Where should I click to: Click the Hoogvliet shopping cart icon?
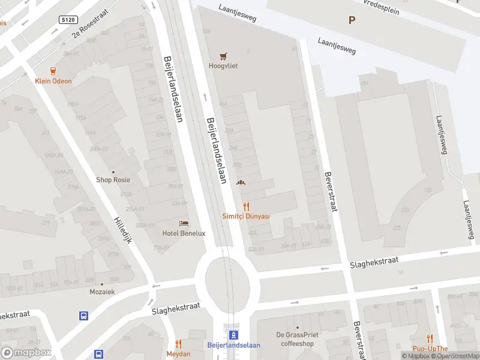pyautogui.click(x=223, y=56)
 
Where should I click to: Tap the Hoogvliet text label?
pyautogui.click(x=223, y=66)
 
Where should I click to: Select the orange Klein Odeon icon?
pyautogui.click(x=53, y=71)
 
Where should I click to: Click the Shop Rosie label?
pyautogui.click(x=113, y=179)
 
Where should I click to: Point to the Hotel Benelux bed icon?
pyautogui.click(x=184, y=223)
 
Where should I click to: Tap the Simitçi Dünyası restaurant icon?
pyautogui.click(x=246, y=206)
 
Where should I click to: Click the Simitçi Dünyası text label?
pyautogui.click(x=246, y=216)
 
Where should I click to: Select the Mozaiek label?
pyautogui.click(x=102, y=292)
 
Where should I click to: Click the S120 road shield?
pyautogui.click(x=68, y=20)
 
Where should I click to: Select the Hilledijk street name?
pyautogui.click(x=122, y=230)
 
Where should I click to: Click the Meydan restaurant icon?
pyautogui.click(x=178, y=344)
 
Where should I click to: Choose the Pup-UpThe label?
pyautogui.click(x=430, y=349)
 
